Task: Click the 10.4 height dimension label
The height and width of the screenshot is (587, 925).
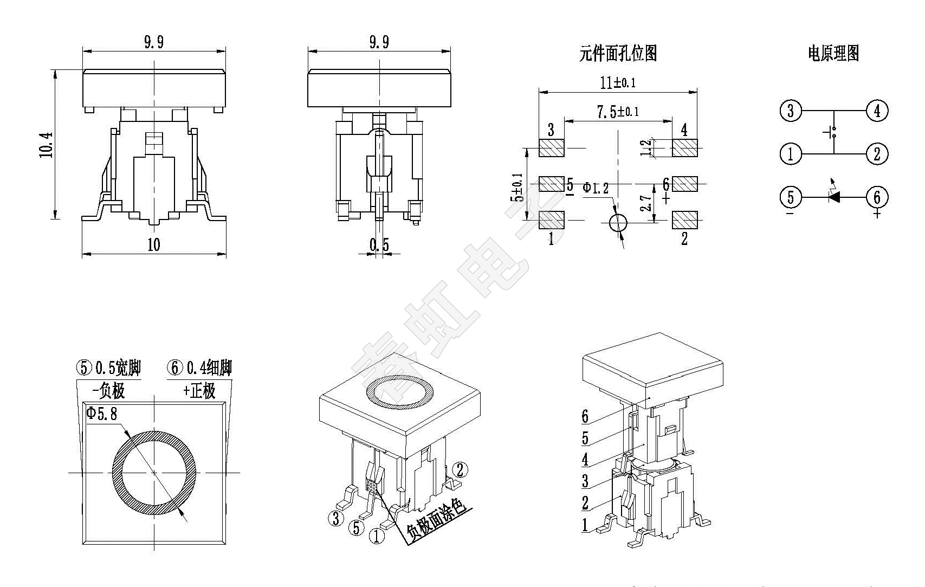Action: tap(47, 145)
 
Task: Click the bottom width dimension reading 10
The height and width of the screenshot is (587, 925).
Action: tap(154, 245)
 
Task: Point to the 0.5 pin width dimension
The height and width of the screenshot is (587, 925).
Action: tap(379, 245)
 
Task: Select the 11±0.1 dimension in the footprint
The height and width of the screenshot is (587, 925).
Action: tap(618, 82)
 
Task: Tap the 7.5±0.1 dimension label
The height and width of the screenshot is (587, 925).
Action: tap(618, 112)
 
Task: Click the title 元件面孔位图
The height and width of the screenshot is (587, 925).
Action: tap(618, 54)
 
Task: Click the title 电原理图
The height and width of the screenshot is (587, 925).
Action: tap(833, 54)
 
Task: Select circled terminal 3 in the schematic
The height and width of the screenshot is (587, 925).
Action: tap(791, 111)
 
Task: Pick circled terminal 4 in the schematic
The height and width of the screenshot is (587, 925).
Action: tap(877, 111)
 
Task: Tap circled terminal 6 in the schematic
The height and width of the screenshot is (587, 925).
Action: tap(877, 197)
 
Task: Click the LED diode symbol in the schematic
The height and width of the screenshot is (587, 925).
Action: tap(834, 197)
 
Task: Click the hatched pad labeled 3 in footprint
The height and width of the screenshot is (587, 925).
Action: tap(552, 147)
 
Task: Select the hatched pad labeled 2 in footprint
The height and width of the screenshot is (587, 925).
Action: tap(684, 220)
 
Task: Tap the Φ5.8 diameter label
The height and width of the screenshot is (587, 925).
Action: tap(101, 414)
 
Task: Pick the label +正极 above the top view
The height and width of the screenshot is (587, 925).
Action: tap(199, 390)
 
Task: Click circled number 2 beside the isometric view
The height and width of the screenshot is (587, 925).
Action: tap(460, 469)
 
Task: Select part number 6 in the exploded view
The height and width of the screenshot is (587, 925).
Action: tap(585, 416)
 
